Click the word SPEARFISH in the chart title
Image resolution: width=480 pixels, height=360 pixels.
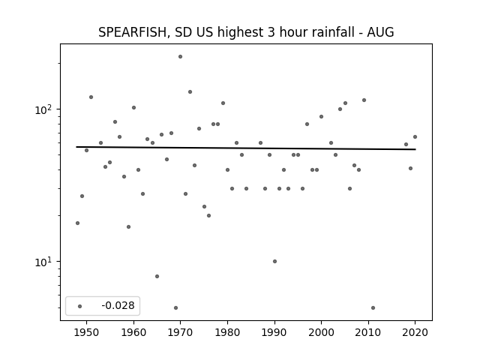tap(133, 32)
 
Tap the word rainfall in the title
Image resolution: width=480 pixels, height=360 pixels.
tap(332, 32)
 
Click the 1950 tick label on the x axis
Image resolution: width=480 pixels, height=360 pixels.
tap(87, 332)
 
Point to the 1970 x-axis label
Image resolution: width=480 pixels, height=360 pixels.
tap(180, 332)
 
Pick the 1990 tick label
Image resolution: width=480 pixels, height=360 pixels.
tap(274, 332)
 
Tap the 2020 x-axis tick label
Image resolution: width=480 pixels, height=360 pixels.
tap(415, 332)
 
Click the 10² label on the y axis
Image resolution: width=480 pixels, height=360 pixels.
tap(42, 109)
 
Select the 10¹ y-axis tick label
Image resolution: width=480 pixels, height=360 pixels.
tap(42, 262)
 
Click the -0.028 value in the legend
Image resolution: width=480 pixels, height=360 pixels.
tap(118, 305)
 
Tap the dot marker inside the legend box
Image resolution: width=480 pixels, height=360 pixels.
tap(79, 306)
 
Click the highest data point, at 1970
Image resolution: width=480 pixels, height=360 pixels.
tap(180, 57)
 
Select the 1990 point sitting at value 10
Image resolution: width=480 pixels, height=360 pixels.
tap(274, 262)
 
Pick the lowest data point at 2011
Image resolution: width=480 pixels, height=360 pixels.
tap(373, 308)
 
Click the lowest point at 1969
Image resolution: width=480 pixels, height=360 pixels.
tap(175, 308)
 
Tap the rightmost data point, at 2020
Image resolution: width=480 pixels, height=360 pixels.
tap(415, 136)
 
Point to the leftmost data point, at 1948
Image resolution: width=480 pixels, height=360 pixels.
tap(77, 223)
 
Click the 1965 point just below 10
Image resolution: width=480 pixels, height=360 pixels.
tap(157, 277)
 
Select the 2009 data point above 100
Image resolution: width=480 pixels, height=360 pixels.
tap(364, 100)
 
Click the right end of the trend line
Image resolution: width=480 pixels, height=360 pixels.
tap(415, 149)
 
